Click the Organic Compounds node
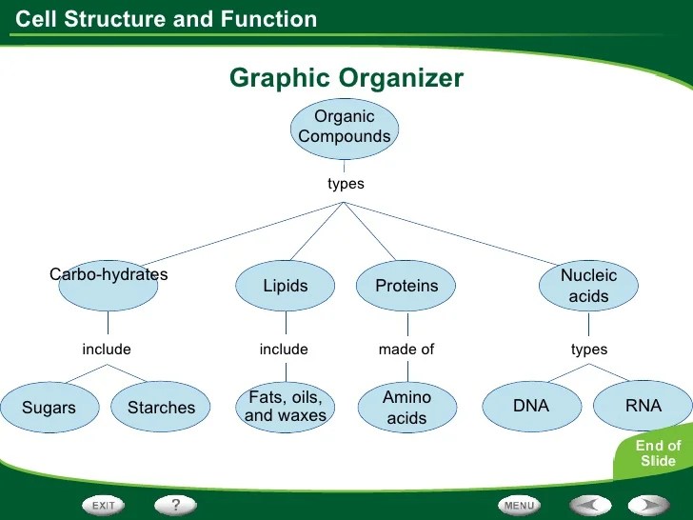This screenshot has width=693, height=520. tap(345, 127)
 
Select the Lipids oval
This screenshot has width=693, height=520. tap(286, 286)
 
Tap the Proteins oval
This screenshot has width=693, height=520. tap(406, 286)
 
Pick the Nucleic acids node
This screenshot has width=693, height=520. tap(588, 286)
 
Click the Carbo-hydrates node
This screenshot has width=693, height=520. tap(108, 285)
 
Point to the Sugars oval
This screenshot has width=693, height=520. tap(49, 408)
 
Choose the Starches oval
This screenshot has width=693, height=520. tap(161, 408)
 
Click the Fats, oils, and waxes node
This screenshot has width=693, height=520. tap(286, 407)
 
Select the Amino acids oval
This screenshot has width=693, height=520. tap(406, 407)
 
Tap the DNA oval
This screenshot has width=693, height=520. tap(531, 407)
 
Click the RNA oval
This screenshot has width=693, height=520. tap(643, 407)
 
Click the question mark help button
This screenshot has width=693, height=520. tap(175, 503)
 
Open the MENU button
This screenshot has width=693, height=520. tap(519, 504)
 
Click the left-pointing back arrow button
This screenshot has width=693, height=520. tap(590, 504)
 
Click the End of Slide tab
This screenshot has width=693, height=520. tap(659, 453)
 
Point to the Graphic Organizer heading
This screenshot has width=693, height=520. tap(346, 78)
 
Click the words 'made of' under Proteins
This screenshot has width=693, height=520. tap(406, 350)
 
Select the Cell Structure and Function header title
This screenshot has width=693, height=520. tap(168, 19)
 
